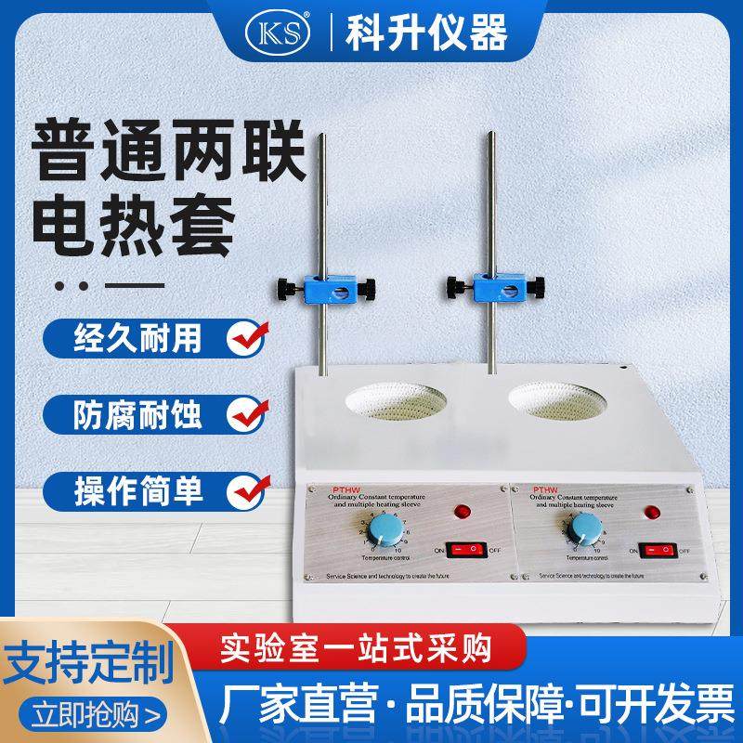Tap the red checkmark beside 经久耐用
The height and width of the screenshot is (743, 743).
(x=248, y=336)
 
